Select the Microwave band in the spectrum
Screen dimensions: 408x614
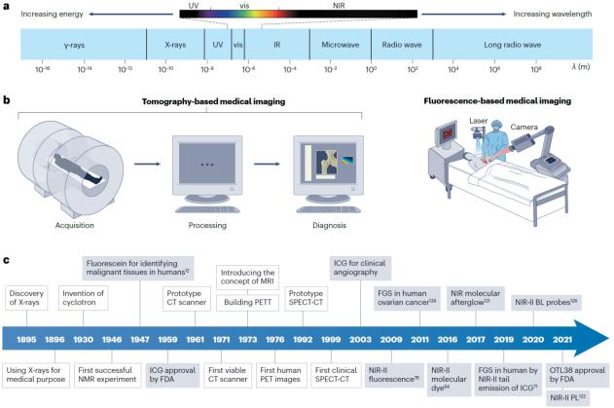click(336, 45)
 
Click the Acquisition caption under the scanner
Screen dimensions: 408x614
click(64, 223)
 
